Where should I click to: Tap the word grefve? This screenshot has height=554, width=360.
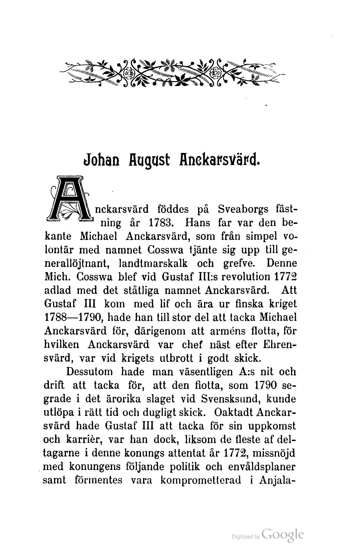coord(240,263)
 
